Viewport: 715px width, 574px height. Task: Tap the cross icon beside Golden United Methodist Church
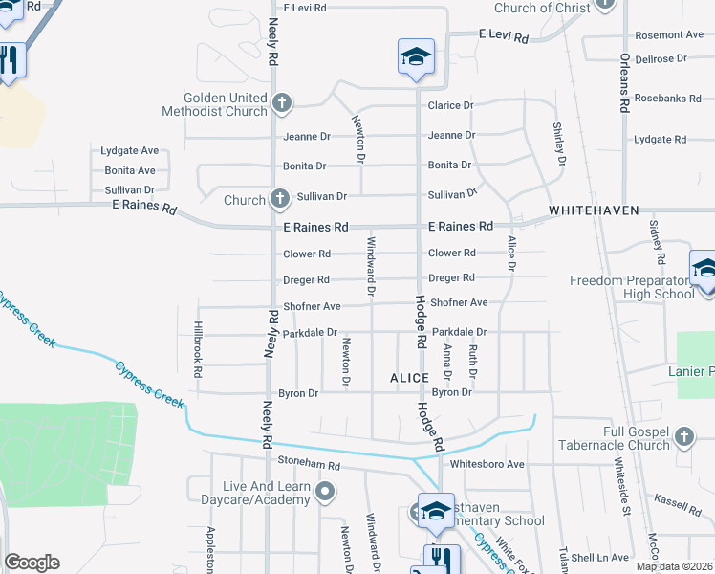point(281,102)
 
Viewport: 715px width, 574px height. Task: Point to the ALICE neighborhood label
point(409,379)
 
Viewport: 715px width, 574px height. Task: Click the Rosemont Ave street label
point(668,34)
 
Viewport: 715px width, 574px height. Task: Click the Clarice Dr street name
point(451,105)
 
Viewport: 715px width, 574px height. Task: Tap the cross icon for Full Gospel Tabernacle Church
point(683,437)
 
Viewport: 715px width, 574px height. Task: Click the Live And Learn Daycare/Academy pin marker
point(325,493)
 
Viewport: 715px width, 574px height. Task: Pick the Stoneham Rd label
point(309,464)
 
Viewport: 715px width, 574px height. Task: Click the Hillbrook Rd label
point(199,350)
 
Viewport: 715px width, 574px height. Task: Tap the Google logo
point(32,562)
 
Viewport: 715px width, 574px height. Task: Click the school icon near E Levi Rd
point(416,56)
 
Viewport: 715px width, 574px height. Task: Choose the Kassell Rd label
point(678,500)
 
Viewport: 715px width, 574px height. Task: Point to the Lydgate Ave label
point(130,151)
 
